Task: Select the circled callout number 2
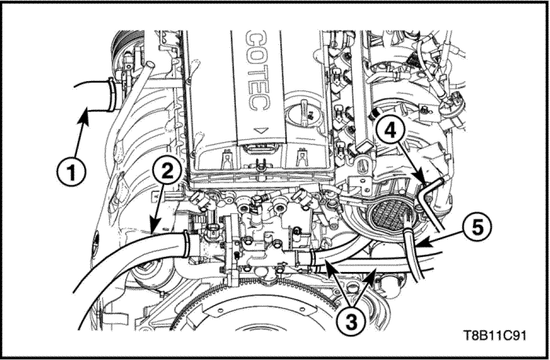167,172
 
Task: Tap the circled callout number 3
351,321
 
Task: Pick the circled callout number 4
390,131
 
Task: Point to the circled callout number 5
477,228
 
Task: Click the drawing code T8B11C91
494,336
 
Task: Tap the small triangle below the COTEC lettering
260,130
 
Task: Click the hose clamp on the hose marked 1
112,95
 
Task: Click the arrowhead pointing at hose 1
84,116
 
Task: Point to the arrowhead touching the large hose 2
154,226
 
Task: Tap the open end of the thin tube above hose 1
150,64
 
